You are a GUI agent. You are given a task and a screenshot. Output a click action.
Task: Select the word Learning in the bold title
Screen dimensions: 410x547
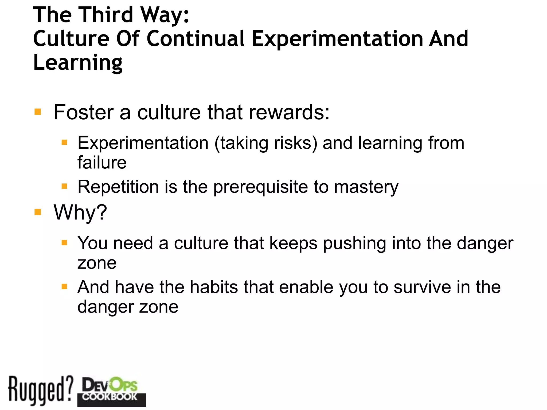coord(78,62)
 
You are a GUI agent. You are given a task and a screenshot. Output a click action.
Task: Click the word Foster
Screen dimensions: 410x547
coord(84,112)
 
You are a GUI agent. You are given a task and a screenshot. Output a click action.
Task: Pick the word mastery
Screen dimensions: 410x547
coord(366,187)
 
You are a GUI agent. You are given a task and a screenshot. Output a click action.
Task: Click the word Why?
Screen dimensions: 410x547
coord(80,212)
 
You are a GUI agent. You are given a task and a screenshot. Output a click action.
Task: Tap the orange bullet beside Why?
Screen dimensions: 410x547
coord(38,212)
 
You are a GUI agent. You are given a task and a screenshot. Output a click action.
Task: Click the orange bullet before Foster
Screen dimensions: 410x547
coord(38,112)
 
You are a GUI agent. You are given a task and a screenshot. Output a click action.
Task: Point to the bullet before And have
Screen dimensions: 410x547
coord(64,287)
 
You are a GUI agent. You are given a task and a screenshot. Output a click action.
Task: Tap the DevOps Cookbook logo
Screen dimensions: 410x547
coord(111,391)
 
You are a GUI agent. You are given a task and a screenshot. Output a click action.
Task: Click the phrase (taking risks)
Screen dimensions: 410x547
coord(266,143)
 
